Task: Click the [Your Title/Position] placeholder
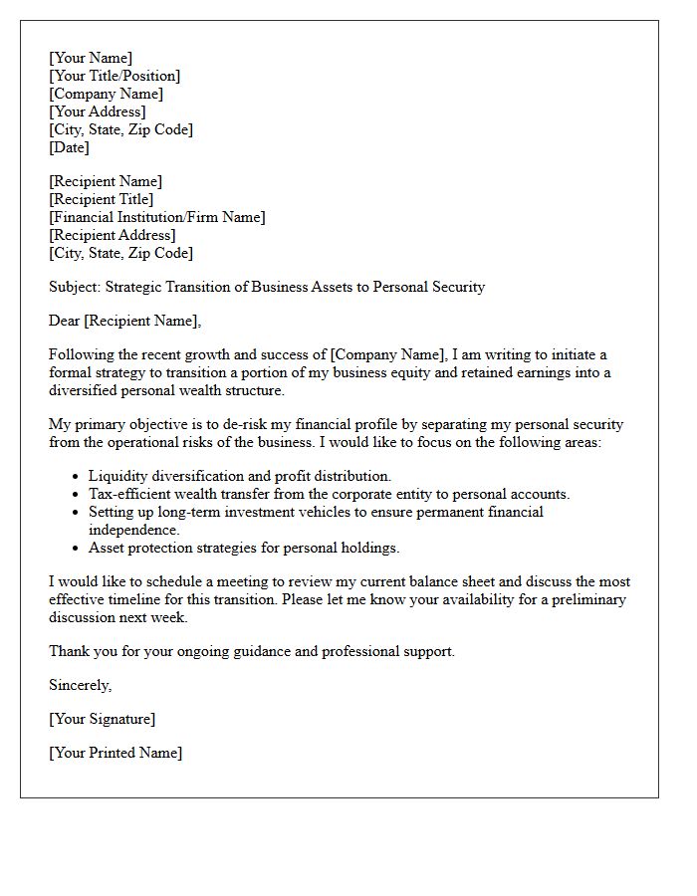tap(115, 76)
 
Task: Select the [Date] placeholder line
tap(69, 147)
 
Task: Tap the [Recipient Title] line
tap(101, 199)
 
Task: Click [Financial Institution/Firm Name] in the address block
tap(157, 217)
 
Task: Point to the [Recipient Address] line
tap(113, 235)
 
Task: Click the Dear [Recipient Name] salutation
tap(124, 321)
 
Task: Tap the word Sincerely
tap(81, 685)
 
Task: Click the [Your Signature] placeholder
tap(102, 719)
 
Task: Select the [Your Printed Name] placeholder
tap(116, 753)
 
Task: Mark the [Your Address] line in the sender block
tap(97, 112)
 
